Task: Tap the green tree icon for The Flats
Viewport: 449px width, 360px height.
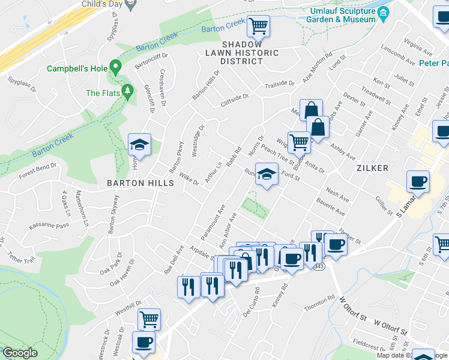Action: point(127,91)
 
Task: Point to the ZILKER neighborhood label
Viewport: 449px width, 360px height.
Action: point(372,168)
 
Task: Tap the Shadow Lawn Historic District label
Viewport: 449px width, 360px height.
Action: point(250,53)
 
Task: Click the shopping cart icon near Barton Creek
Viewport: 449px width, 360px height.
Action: point(259,26)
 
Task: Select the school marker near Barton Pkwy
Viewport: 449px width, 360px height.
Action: point(139,145)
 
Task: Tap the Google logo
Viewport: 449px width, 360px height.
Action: point(20,353)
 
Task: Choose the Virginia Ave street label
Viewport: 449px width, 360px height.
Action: point(418,46)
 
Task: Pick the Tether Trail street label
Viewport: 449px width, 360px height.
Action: point(22,258)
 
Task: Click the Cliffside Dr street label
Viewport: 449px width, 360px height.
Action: point(234,97)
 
